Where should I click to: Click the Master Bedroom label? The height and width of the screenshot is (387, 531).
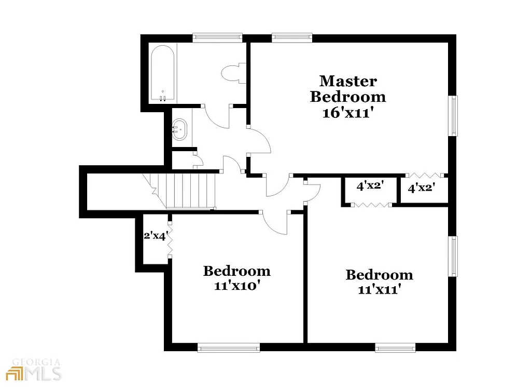pyautogui.click(x=347, y=89)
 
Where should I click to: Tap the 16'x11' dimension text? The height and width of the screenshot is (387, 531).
pyautogui.click(x=347, y=113)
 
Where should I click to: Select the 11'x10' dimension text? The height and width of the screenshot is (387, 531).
pyautogui.click(x=236, y=286)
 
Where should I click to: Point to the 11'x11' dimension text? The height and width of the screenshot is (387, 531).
pyautogui.click(x=380, y=289)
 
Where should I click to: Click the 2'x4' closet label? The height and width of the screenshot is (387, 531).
pyautogui.click(x=155, y=235)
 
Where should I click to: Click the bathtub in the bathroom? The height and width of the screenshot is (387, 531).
pyautogui.click(x=162, y=73)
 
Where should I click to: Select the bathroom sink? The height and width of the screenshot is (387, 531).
pyautogui.click(x=179, y=128)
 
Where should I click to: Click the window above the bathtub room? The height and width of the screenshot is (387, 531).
pyautogui.click(x=217, y=37)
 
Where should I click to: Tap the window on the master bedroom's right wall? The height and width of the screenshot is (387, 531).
pyautogui.click(x=454, y=115)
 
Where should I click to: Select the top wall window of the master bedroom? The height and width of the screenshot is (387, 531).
pyautogui.click(x=292, y=37)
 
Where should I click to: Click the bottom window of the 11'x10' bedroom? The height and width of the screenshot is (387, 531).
pyautogui.click(x=228, y=348)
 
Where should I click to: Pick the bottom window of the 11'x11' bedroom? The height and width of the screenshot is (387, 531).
pyautogui.click(x=395, y=348)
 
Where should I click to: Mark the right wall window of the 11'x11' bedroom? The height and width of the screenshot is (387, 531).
pyautogui.click(x=454, y=256)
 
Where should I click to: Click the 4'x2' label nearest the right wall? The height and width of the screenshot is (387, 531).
pyautogui.click(x=421, y=188)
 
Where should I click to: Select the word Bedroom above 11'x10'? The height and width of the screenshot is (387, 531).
pyautogui.click(x=236, y=271)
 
